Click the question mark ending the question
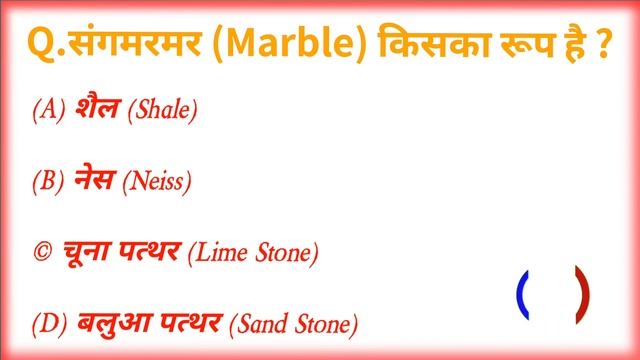(605, 46)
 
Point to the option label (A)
(48, 110)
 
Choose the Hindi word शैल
(96, 110)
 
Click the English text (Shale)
(162, 111)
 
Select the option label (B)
(48, 182)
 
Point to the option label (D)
(48, 325)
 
